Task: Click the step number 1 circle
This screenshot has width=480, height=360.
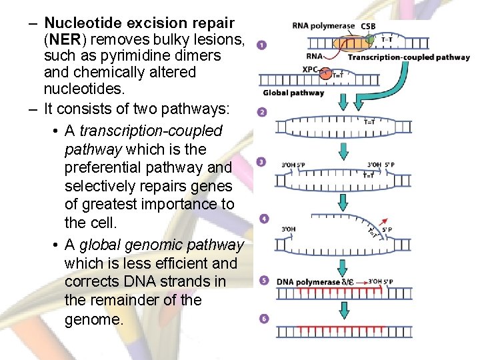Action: pyautogui.click(x=261, y=45)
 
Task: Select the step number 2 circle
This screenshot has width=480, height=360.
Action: pyautogui.click(x=262, y=112)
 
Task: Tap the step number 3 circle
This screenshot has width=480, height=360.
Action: pyautogui.click(x=262, y=162)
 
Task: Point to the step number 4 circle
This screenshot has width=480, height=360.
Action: pyautogui.click(x=264, y=218)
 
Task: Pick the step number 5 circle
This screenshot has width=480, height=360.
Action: pyautogui.click(x=263, y=281)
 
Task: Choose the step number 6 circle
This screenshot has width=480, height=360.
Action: pyautogui.click(x=264, y=319)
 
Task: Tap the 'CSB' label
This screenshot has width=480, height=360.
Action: pyautogui.click(x=368, y=26)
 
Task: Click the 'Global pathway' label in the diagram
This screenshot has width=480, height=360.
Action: pyautogui.click(x=293, y=93)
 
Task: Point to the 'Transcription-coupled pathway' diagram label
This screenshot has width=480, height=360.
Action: pyautogui.click(x=408, y=57)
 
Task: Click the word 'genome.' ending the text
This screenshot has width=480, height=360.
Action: pyautogui.click(x=94, y=319)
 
